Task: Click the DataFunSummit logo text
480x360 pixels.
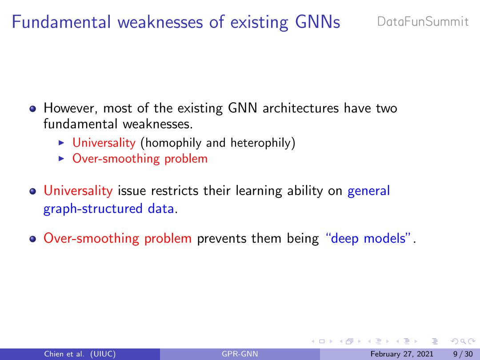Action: (x=423, y=22)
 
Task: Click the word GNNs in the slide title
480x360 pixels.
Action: (x=317, y=22)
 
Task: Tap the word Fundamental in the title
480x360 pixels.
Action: (x=61, y=22)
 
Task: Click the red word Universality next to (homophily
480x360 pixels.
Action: (x=104, y=143)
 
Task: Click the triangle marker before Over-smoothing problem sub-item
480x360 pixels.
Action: (x=61, y=159)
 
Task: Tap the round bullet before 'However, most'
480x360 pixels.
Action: (x=33, y=109)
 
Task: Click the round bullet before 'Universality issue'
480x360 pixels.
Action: (x=33, y=192)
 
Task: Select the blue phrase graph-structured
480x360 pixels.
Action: (x=93, y=209)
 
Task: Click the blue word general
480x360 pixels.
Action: (x=368, y=191)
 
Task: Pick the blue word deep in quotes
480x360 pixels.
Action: (x=345, y=239)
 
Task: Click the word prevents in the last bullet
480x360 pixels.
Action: (x=222, y=239)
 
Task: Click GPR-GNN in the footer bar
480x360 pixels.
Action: (x=240, y=354)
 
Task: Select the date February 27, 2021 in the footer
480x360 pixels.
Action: (x=402, y=354)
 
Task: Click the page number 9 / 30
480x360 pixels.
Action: (x=463, y=354)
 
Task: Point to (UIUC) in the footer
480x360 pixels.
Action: (x=103, y=354)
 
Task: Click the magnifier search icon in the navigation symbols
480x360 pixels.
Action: (x=463, y=341)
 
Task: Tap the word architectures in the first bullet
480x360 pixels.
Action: (x=300, y=108)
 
